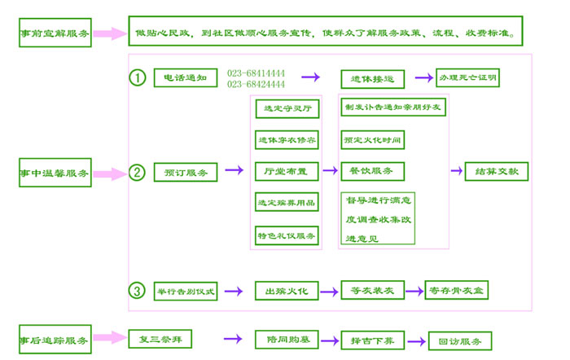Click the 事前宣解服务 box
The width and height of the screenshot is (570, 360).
pyautogui.click(x=55, y=35)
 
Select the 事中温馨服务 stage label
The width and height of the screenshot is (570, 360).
pyautogui.click(x=55, y=173)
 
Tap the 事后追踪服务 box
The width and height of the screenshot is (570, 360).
pyautogui.click(x=55, y=340)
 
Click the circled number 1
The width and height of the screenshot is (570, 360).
pyautogui.click(x=138, y=77)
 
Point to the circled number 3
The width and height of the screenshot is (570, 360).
pyautogui.click(x=138, y=290)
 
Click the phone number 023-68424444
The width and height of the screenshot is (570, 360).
pyautogui.click(x=256, y=85)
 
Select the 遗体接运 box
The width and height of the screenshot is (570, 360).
pyautogui.click(x=372, y=79)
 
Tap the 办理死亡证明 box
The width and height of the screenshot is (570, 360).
pyautogui.click(x=467, y=78)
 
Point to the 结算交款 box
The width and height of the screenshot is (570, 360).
pyautogui.click(x=497, y=172)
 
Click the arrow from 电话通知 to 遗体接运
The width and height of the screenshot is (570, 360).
pyautogui.click(x=310, y=78)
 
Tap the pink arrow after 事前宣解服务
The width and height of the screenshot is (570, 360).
pyautogui.click(x=110, y=34)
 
